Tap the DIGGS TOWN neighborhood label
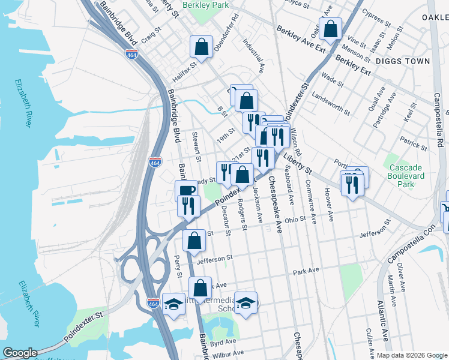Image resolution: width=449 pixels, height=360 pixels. (x=403, y=61)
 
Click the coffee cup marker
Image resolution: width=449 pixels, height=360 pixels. (x=186, y=191)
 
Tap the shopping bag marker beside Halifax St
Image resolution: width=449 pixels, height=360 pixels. (x=202, y=47)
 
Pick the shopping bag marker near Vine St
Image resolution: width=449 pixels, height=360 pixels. (x=330, y=28)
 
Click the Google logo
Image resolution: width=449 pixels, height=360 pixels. (x=20, y=352)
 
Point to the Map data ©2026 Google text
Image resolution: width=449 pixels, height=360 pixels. (x=411, y=355)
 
